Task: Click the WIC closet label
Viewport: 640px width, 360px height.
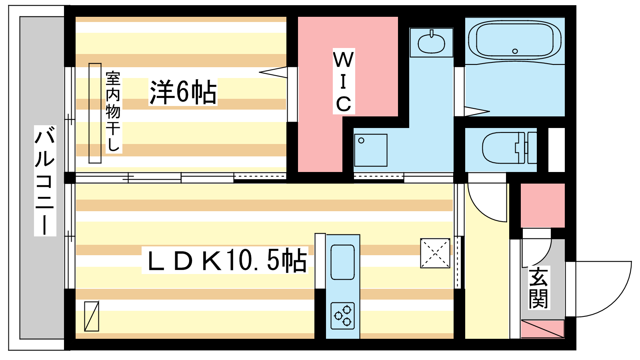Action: tap(344, 82)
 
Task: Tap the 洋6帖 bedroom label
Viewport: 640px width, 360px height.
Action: tap(183, 92)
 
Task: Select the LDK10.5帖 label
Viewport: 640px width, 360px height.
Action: tap(225, 260)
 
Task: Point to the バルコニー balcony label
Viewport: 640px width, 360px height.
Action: tap(45, 180)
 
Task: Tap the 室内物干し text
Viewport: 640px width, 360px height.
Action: tap(113, 112)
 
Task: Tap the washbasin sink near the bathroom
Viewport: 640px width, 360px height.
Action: tap(431, 43)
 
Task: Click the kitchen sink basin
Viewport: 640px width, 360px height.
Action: tap(342, 262)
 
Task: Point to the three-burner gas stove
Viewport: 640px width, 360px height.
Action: tap(343, 316)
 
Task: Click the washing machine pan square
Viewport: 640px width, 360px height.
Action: tap(370, 150)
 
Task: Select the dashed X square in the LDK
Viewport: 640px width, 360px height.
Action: tap(435, 253)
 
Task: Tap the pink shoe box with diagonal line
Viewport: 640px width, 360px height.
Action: tap(542, 328)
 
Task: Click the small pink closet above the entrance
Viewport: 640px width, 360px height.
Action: tap(542, 205)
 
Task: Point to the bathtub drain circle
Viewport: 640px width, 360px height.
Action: tap(515, 51)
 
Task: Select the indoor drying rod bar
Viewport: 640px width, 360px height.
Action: tap(95, 113)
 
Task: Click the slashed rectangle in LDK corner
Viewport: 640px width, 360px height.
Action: tap(92, 316)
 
